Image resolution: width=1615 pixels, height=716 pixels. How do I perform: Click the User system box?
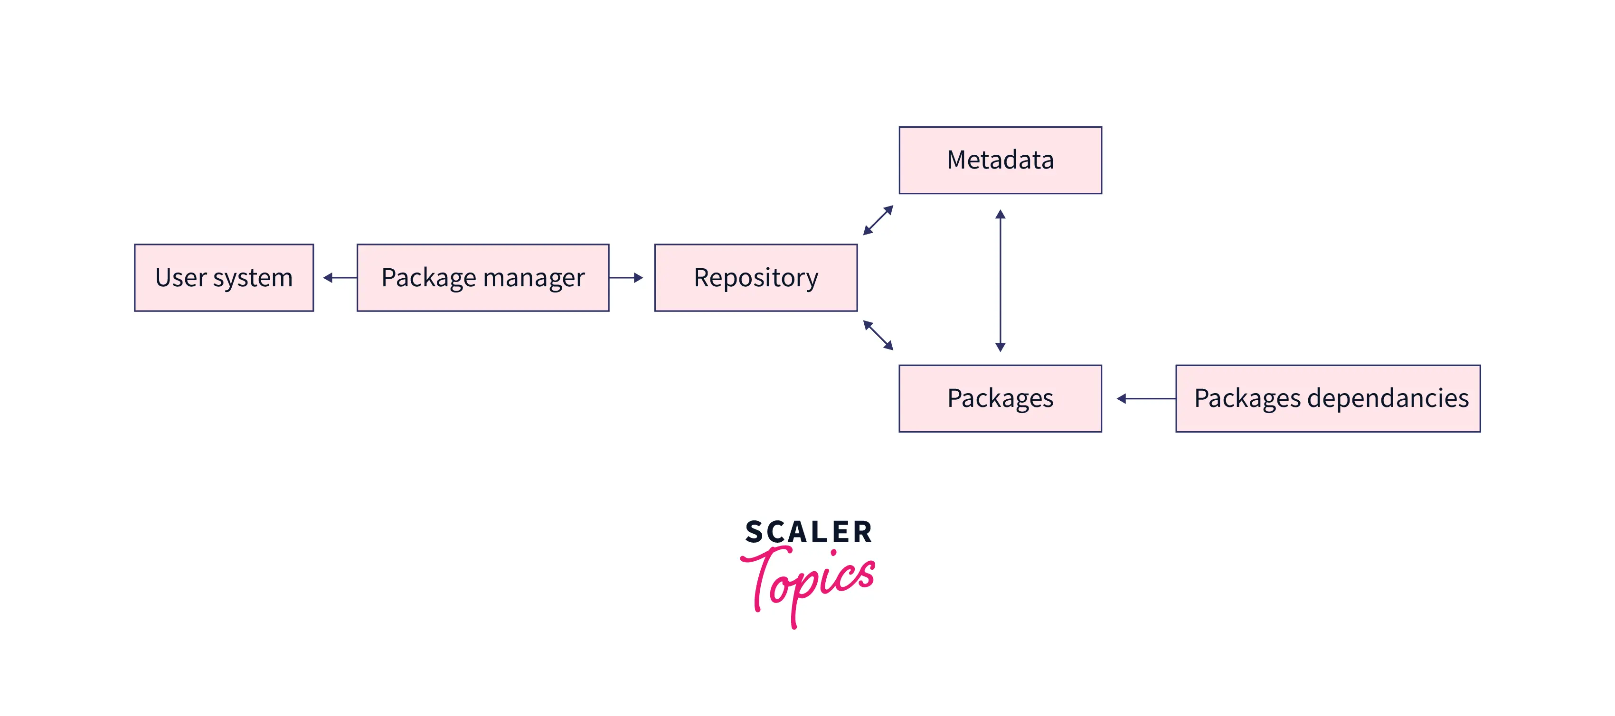[224, 278]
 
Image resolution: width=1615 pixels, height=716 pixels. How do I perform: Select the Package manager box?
[483, 278]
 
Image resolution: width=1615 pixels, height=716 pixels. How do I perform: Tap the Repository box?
[756, 278]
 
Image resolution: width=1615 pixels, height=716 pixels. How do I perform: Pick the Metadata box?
[1000, 160]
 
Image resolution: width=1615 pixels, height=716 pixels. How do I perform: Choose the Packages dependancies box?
[1328, 399]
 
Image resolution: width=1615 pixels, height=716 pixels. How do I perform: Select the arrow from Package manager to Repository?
[626, 278]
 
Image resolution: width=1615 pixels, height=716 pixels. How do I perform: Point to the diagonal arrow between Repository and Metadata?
[878, 220]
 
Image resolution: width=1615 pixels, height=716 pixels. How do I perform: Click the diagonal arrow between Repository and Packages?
[878, 335]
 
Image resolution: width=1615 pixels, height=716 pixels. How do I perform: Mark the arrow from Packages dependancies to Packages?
[1146, 399]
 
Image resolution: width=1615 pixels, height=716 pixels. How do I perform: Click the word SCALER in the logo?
[808, 532]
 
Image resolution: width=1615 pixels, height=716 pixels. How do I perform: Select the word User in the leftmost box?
[180, 278]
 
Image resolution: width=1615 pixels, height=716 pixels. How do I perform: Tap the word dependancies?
[1388, 399]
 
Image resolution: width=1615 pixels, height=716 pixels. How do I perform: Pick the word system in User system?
[253, 278]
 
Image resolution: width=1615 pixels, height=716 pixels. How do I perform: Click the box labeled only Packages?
[1000, 399]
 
